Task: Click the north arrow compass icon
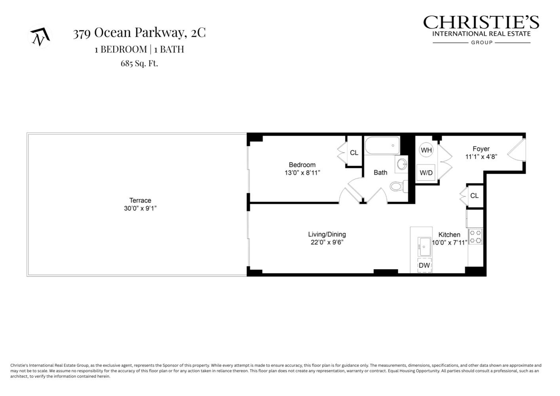coord(40,37)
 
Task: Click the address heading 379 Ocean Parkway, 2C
coord(139,33)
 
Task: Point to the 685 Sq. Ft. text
coord(139,63)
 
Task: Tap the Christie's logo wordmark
coord(481,23)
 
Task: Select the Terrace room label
coord(140,200)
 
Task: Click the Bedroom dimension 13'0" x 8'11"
coord(302,173)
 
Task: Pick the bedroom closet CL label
coord(354,152)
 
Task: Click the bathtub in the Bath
coord(382,146)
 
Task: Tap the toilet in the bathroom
coord(397,186)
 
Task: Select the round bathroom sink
coord(402,164)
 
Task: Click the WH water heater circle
coord(426,150)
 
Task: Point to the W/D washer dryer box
coord(426,173)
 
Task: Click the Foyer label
coord(481,149)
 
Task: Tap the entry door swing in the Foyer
coord(516,150)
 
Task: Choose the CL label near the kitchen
coord(474,196)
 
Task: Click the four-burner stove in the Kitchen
coord(475,236)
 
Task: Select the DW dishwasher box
coord(424,265)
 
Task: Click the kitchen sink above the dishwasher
coord(424,247)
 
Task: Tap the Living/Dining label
coord(327,234)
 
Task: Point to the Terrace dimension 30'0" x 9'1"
coord(140,208)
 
